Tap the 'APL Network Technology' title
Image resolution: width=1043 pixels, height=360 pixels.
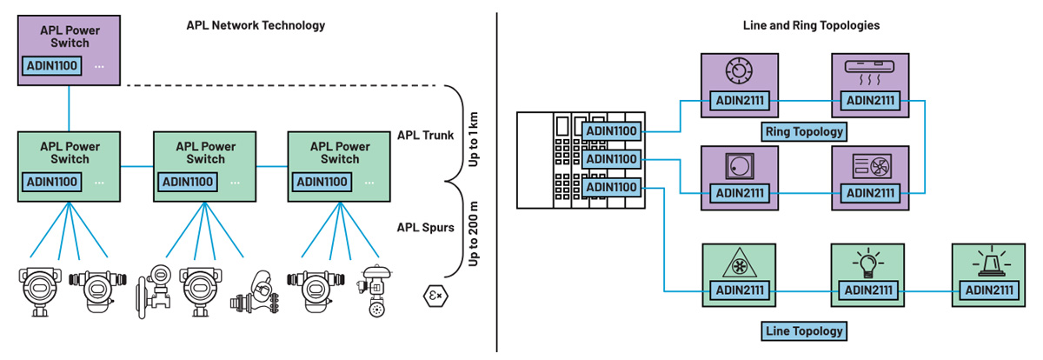[x=256, y=25]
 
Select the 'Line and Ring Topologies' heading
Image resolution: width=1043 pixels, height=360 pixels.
[x=811, y=25]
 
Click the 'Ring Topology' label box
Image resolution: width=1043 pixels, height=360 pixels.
[x=804, y=132]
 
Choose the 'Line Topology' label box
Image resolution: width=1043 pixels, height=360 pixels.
[x=804, y=330]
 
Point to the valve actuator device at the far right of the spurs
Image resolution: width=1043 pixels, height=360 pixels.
[x=375, y=290]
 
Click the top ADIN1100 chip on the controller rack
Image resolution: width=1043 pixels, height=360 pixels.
[x=614, y=132]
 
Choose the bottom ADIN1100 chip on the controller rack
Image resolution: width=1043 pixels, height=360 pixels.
[x=614, y=188]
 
